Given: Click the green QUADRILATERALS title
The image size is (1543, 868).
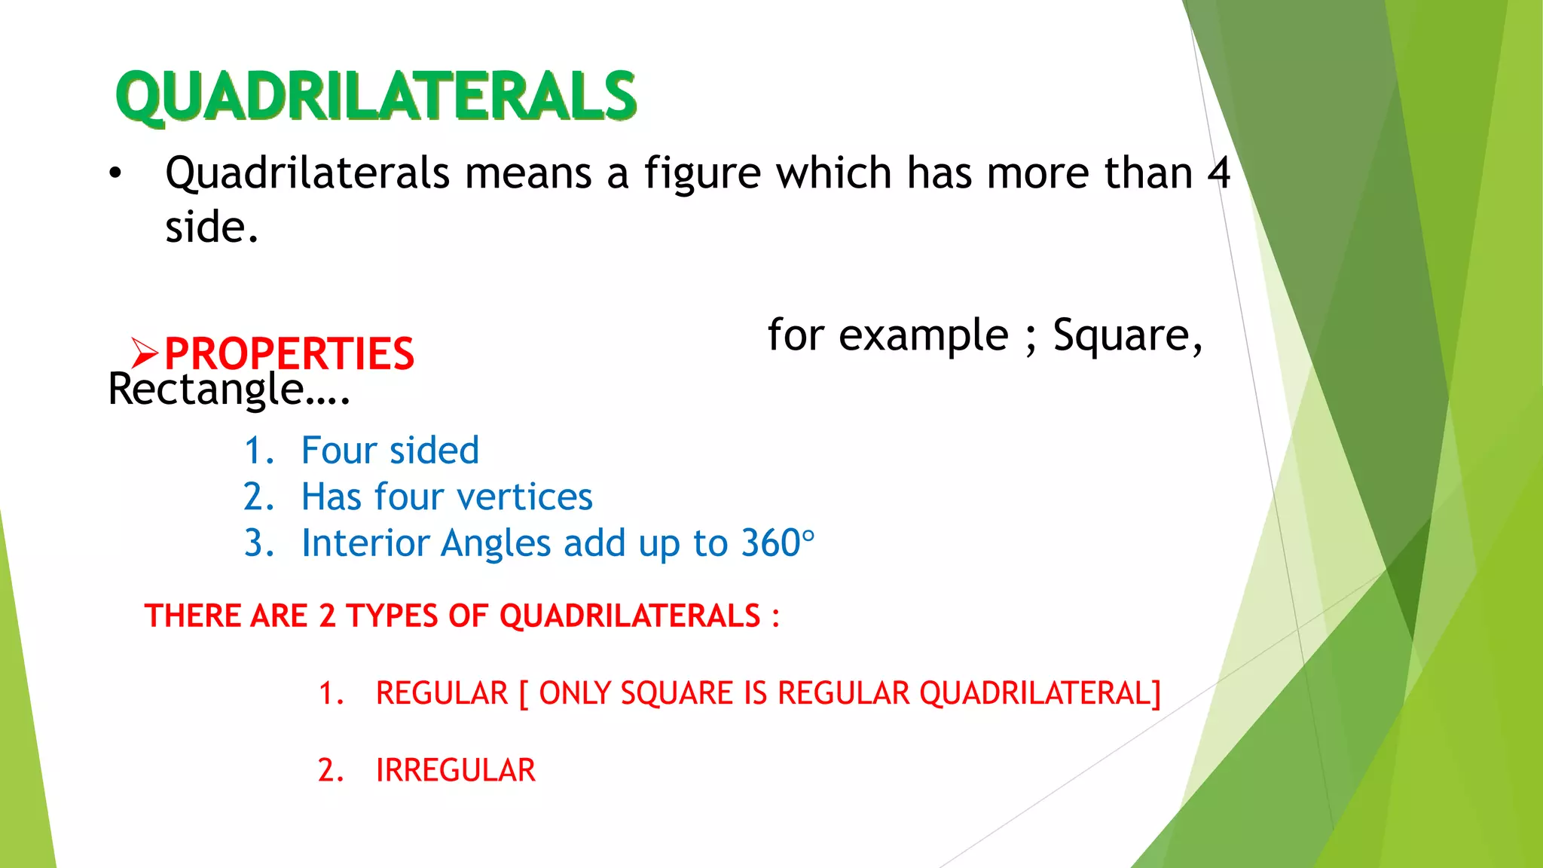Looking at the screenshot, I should [x=376, y=96].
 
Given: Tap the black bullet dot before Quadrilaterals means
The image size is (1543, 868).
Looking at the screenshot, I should [x=115, y=174].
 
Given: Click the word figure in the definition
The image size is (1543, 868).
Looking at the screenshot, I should [x=702, y=174].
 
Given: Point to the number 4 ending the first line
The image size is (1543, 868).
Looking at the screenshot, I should [x=1218, y=173].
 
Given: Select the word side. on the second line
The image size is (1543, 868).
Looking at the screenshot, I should [x=212, y=227].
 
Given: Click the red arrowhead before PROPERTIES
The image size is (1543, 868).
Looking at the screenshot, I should [x=144, y=353].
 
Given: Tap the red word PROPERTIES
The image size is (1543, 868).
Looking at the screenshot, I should [x=289, y=353].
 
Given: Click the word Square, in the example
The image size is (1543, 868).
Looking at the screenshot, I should [x=1127, y=335].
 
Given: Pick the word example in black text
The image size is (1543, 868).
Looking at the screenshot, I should [x=923, y=335].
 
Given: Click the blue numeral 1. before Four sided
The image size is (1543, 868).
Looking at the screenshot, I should [x=258, y=451].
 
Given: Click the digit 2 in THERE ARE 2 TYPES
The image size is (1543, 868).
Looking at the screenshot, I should [x=326, y=616].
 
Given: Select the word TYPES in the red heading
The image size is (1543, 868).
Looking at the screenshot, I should [x=392, y=616].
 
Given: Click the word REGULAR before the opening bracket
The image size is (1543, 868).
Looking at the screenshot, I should [x=442, y=693].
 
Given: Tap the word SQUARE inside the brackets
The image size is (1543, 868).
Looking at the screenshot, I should [x=677, y=693].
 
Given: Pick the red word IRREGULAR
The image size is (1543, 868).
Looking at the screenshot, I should [x=455, y=771].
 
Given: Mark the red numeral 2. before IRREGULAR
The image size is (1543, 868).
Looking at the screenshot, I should [x=330, y=771].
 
